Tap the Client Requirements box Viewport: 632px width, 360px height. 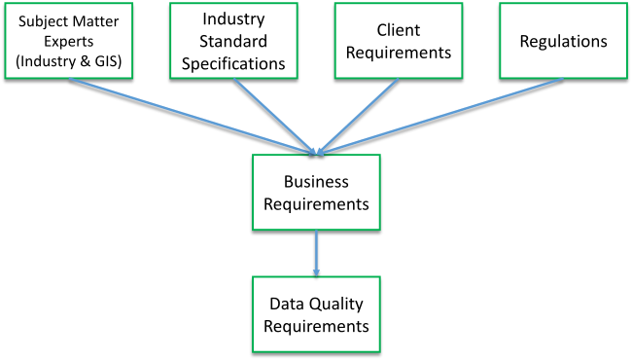[395, 40]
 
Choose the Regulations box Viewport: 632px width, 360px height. [563, 40]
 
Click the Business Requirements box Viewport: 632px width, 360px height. [316, 193]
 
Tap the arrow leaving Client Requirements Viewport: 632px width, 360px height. [355, 115]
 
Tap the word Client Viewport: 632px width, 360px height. [395, 30]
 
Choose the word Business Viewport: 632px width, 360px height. [316, 182]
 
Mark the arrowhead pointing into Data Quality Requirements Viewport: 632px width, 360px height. [316, 270]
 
